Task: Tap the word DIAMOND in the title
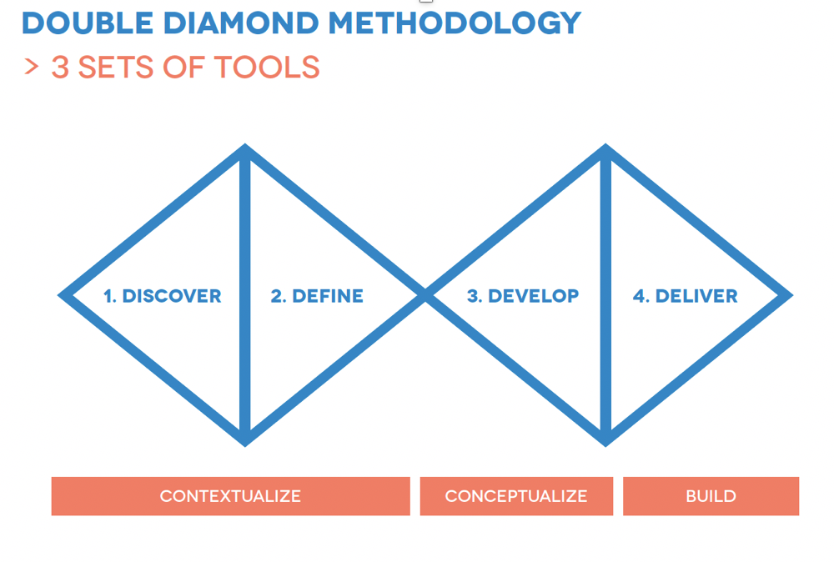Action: point(241,23)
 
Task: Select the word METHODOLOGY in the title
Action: point(455,23)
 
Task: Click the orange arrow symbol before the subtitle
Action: point(32,67)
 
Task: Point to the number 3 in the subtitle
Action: point(60,67)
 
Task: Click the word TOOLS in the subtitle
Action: point(267,67)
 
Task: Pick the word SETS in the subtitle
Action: point(115,67)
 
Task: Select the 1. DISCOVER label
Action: point(163,296)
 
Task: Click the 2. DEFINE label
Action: point(317,296)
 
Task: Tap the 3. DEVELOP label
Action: point(523,296)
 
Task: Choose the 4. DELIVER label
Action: point(685,296)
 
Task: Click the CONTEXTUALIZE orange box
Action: point(231,496)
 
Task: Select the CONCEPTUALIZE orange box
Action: point(516,496)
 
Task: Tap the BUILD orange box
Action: point(711,496)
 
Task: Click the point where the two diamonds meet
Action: point(425,295)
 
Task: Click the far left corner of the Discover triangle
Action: point(58,295)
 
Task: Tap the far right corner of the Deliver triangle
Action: point(792,295)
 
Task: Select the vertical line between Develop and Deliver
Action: point(605,295)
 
